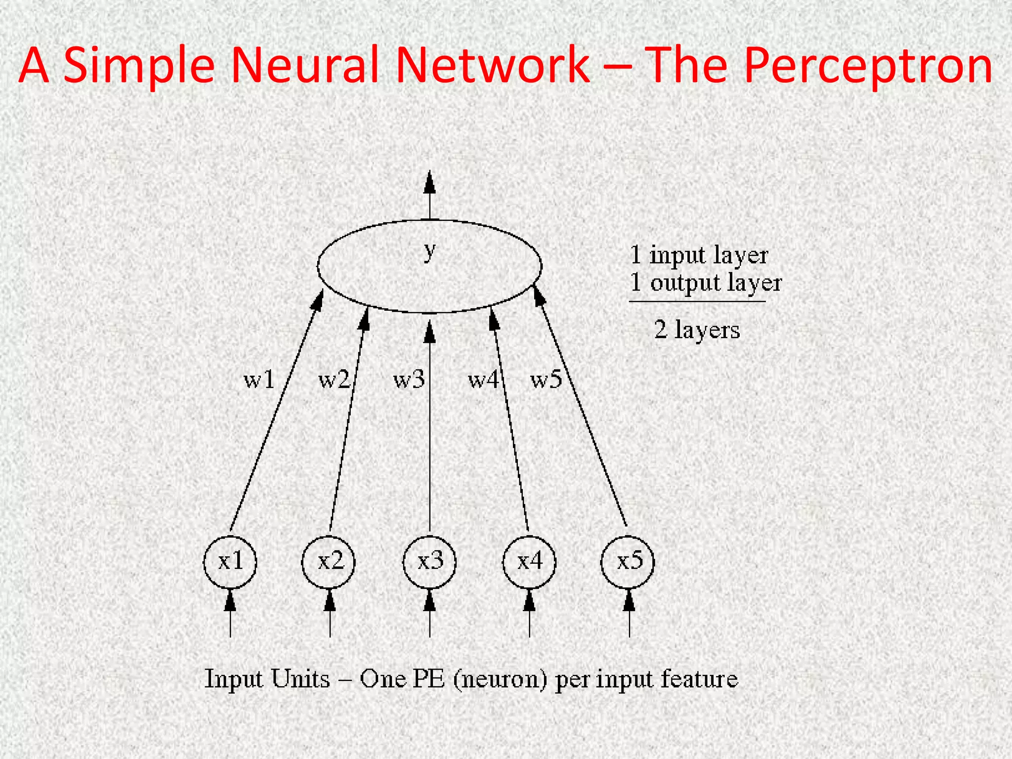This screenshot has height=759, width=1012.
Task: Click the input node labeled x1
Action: [230, 562]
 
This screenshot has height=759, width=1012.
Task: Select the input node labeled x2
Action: [329, 562]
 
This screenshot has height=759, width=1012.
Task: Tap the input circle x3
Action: [429, 562]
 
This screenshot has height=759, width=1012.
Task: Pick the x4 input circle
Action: [529, 562]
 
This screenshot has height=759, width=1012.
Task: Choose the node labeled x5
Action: [628, 562]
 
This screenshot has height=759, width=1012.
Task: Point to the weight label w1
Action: [259, 379]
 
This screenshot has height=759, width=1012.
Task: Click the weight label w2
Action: [334, 379]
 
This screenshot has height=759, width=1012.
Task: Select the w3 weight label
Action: [408, 379]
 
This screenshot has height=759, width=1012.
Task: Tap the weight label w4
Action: [483, 379]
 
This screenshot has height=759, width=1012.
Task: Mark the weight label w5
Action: [546, 379]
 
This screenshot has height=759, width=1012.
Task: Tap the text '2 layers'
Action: [697, 330]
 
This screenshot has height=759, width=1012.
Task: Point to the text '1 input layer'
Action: [699, 255]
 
